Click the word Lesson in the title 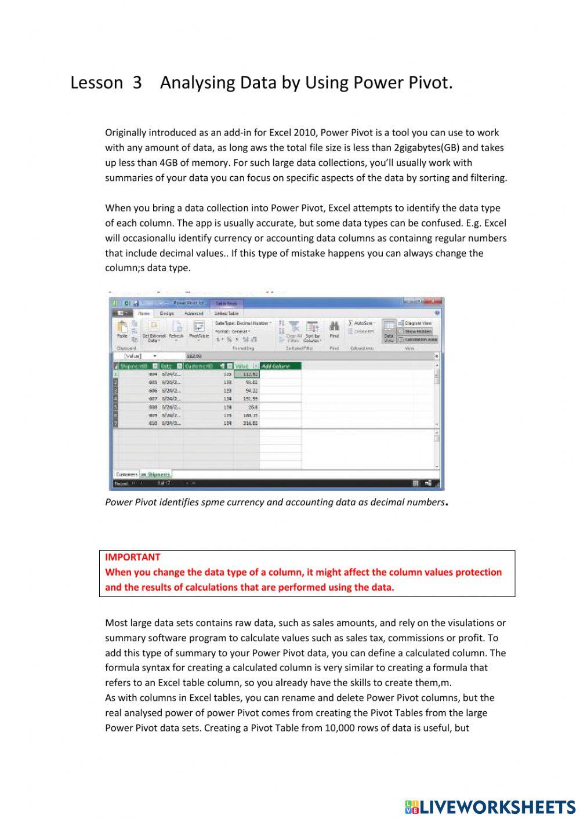(x=96, y=83)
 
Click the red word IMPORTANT (x=132, y=557)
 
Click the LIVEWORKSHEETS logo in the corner (x=490, y=806)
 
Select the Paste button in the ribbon (x=122, y=329)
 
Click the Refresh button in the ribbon (x=176, y=329)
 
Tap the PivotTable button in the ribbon (x=199, y=329)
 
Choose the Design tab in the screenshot (x=166, y=313)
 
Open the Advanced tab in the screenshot (x=194, y=313)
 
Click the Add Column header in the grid (x=281, y=366)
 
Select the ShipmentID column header (x=134, y=366)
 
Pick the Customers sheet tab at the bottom (x=126, y=474)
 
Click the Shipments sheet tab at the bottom (x=157, y=474)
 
